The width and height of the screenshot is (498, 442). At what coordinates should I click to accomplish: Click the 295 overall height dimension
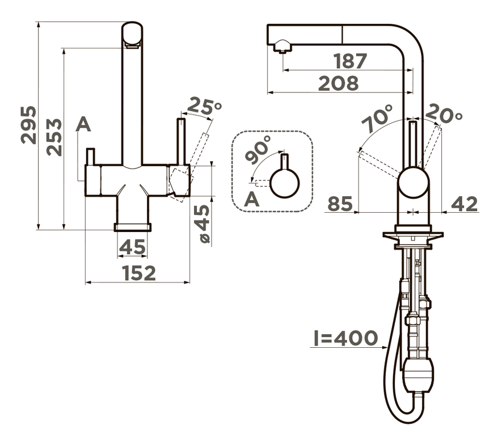coord(28,125)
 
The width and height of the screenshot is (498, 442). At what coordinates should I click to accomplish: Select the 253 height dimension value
coord(54,137)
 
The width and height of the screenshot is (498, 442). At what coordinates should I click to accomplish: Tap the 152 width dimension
coord(140,273)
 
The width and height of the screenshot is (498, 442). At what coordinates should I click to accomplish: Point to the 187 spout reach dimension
coord(351,61)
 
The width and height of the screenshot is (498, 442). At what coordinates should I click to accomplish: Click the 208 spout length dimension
coord(338,83)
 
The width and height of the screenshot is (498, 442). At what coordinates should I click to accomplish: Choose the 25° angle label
coord(204,106)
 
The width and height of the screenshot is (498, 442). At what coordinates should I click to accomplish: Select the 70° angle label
coord(377,118)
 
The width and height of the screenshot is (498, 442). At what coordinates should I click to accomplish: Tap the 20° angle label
coord(444,113)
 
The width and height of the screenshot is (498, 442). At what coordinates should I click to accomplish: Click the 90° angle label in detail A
coord(259,149)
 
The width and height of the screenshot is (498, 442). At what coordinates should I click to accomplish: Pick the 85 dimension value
coord(340,204)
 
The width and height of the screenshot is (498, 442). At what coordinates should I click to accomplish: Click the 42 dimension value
coord(465,204)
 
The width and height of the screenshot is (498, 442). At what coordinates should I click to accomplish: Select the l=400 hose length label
coord(345,338)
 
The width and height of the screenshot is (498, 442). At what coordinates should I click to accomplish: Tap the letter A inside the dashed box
coord(252,199)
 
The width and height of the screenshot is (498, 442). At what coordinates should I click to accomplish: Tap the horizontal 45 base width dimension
coord(133,247)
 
